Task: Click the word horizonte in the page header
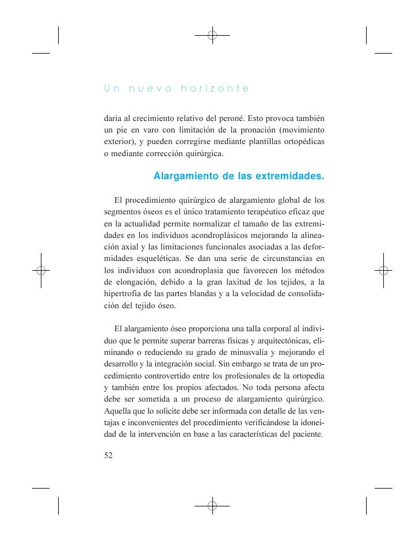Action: (215, 89)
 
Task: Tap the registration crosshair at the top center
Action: (212, 35)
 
